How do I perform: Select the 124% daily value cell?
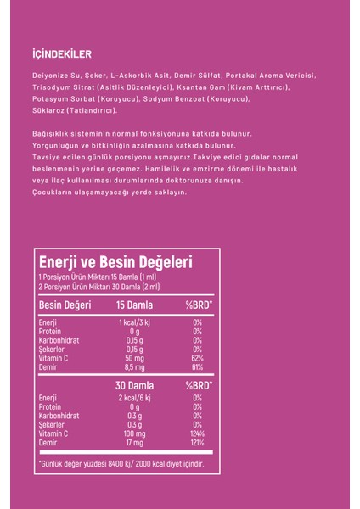pyautogui.click(x=198, y=435)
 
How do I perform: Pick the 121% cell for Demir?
pyautogui.click(x=198, y=445)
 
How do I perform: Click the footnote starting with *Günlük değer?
pyautogui.click(x=121, y=464)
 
